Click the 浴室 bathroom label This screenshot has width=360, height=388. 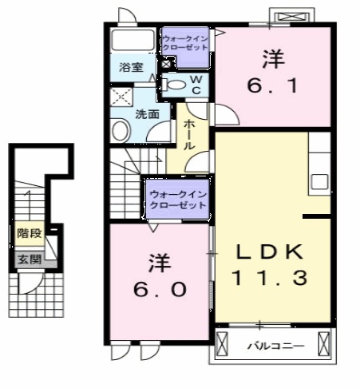pyautogui.click(x=132, y=67)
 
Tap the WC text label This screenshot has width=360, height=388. pyautogui.click(x=197, y=83)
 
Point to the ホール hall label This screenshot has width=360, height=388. pyautogui.click(x=190, y=135)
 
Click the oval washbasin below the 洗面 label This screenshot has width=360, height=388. pyautogui.click(x=121, y=129)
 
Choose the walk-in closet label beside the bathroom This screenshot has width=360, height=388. pyautogui.click(x=185, y=42)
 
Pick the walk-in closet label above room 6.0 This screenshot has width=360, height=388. pyautogui.click(x=177, y=199)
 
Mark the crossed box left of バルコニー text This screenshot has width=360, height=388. pyautogui.click(x=223, y=346)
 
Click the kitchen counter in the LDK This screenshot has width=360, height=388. pyautogui.click(x=319, y=167)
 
